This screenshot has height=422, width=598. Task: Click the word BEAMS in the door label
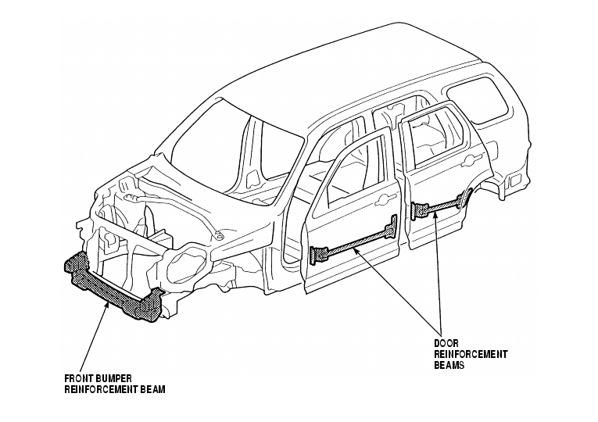(x=449, y=365)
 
